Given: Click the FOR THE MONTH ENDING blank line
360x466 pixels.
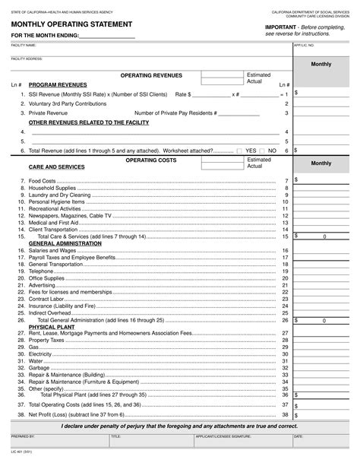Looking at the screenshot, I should [x=106, y=37].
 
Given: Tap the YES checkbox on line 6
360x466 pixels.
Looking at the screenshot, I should [x=240, y=151].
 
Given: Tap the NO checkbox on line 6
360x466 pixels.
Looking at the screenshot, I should [x=262, y=151].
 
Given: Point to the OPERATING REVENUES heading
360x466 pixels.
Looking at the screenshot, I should [x=150, y=76].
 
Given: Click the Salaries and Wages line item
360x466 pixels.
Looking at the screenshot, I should [x=52, y=250].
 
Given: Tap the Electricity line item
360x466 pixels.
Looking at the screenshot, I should [x=39, y=354].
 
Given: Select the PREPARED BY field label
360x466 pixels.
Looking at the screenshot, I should [x=23, y=437].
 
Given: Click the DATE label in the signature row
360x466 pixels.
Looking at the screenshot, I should [x=298, y=437].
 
